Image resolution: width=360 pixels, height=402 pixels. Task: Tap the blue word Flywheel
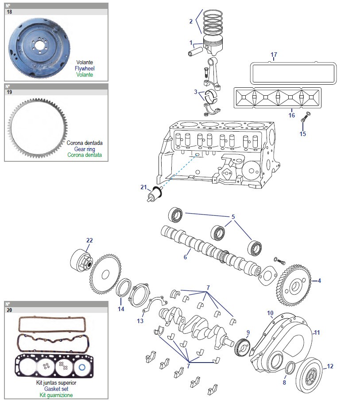pos(85,69)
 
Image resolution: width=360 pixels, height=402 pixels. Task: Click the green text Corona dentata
pos(85,155)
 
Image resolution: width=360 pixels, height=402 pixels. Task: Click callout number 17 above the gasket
pos(274,55)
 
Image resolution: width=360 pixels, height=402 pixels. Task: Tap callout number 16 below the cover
pos(291,115)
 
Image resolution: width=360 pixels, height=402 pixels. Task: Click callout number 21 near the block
pos(143,187)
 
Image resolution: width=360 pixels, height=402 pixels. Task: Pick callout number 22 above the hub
pos(89,240)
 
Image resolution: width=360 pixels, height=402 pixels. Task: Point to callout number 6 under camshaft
pos(186,257)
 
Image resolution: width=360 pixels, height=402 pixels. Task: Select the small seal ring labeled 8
pos(290,367)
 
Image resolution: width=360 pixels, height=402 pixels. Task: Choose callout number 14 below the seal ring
pos(121,309)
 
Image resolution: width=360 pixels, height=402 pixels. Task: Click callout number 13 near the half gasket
pos(140,321)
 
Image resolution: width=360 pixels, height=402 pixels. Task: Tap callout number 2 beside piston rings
pos(191,21)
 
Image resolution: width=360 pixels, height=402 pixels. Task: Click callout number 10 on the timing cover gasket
pos(270,313)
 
